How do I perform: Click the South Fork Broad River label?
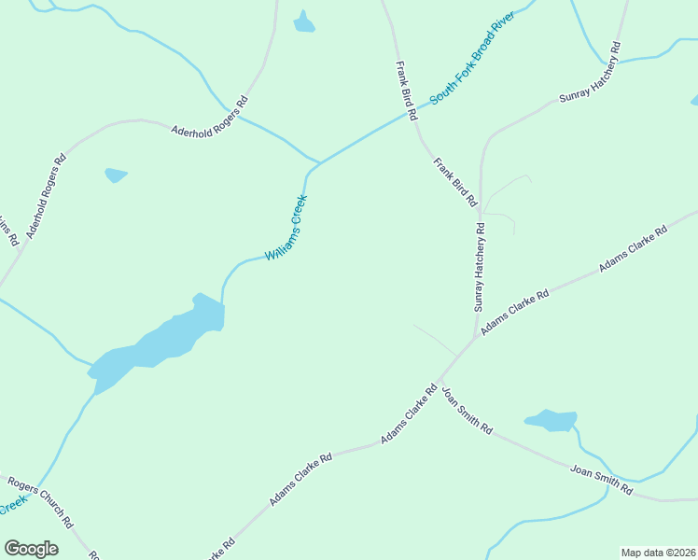tap(472, 58)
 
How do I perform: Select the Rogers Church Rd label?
tap(40, 503)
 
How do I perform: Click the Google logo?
tap(32, 549)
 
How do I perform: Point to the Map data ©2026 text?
tap(658, 553)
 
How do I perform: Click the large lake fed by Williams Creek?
tap(163, 340)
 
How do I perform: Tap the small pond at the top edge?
tap(304, 22)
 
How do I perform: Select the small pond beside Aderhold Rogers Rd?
tap(116, 175)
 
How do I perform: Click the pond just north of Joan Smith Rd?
tap(551, 421)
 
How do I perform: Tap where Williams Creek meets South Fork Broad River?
tap(319, 163)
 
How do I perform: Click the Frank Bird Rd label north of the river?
tap(405, 91)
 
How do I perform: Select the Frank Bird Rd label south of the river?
tap(455, 181)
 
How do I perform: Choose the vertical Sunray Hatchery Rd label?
tap(480, 267)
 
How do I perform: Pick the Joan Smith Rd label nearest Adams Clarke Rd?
tap(467, 411)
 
